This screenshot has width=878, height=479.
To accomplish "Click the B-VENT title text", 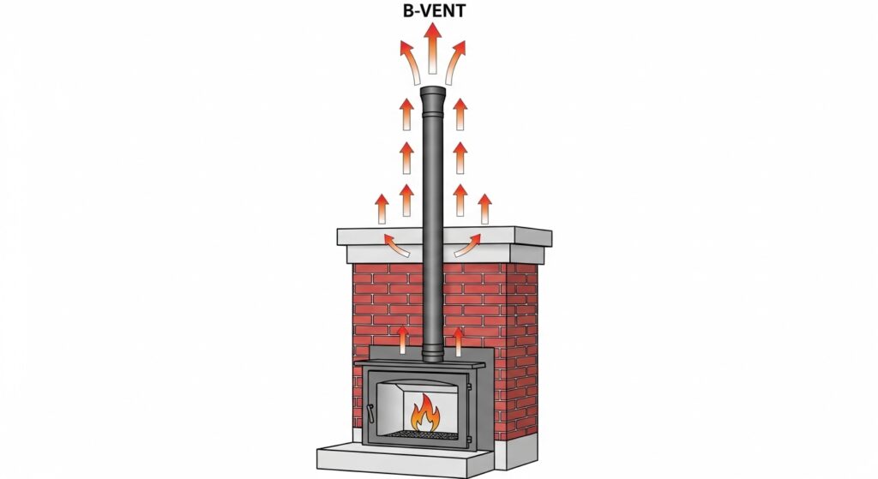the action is click(434, 10).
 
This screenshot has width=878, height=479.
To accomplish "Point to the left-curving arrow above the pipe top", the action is click(411, 63).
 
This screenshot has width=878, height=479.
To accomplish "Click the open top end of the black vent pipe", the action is click(432, 91).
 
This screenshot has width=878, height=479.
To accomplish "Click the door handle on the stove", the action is click(370, 413).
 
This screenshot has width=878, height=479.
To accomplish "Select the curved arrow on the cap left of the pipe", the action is click(396, 244).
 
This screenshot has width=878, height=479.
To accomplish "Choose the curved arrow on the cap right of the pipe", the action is click(467, 244).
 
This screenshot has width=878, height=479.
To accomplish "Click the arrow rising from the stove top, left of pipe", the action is click(402, 341).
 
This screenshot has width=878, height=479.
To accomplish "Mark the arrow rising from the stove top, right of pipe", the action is click(459, 341).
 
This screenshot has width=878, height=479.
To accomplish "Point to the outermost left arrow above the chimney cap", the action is click(382, 209).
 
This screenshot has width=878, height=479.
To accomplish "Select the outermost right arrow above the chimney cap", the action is click(485, 209).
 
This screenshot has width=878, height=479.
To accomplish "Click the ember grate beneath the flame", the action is click(425, 434).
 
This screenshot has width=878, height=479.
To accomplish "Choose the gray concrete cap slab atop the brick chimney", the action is click(444, 244).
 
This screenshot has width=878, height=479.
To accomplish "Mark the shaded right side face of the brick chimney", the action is click(522, 352).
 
